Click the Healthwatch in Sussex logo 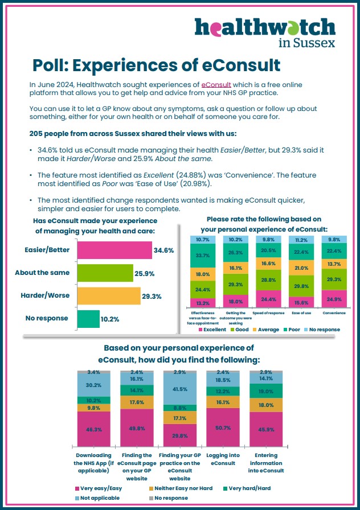tap(265, 32)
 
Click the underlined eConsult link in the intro tap(216, 85)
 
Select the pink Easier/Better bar tap(114, 250)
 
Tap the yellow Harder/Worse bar tap(109, 295)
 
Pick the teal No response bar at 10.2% tap(88, 319)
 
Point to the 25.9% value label tap(145, 274)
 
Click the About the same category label tap(42, 273)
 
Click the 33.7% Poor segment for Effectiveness tap(202, 256)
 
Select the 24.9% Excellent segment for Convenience tap(334, 299)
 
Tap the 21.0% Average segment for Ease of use tap(301, 268)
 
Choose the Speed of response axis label tap(268, 313)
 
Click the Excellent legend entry tap(212, 330)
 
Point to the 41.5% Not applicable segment tap(180, 389)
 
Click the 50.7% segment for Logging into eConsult tap(223, 427)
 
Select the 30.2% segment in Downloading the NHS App tap(94, 385)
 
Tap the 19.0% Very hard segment tap(266, 391)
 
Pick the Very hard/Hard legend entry tap(247, 488)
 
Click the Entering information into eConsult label tap(266, 463)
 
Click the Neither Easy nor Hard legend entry tap(181, 488)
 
